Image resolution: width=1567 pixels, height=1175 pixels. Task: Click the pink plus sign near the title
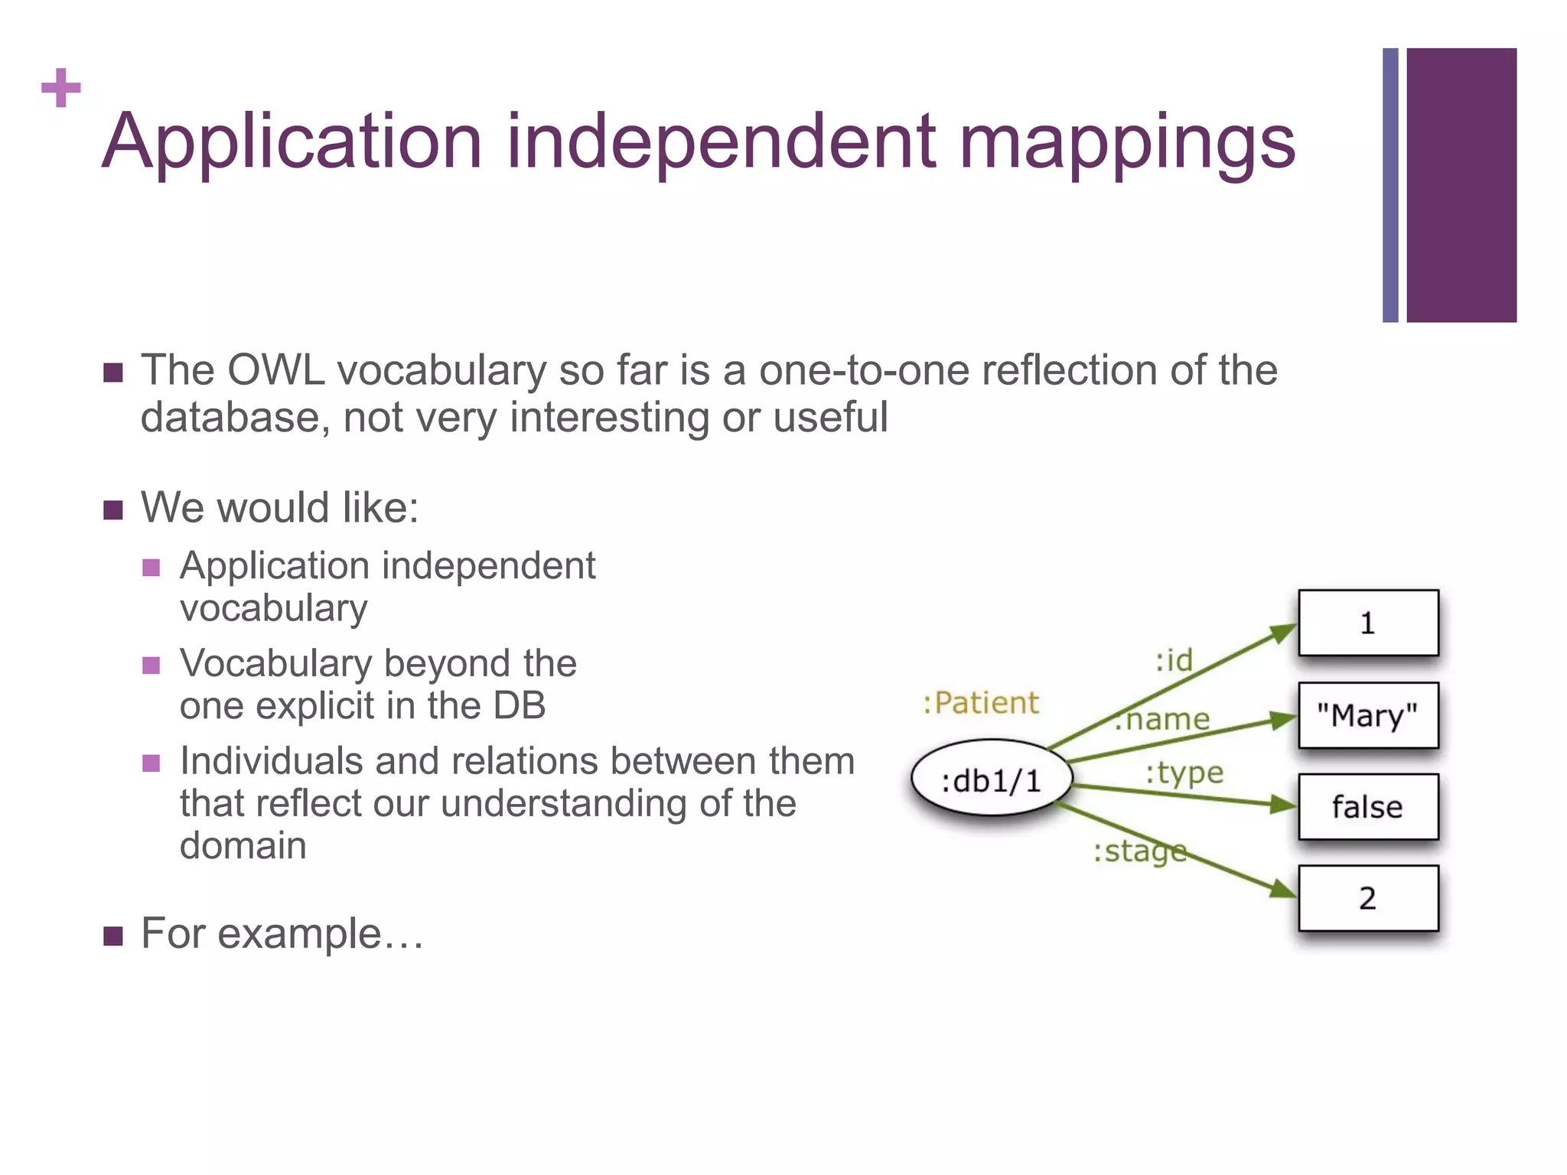(61, 88)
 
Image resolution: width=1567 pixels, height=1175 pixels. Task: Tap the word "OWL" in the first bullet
(275, 370)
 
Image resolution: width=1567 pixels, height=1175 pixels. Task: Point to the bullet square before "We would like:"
(113, 510)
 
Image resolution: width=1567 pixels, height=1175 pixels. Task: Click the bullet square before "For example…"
(113, 936)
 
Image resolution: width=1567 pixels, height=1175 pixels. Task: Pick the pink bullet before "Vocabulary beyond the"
(151, 665)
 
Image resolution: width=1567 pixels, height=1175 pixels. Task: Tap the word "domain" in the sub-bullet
(243, 846)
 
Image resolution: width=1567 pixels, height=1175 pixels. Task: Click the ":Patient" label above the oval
(981, 703)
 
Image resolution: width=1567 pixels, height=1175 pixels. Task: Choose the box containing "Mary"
(1368, 716)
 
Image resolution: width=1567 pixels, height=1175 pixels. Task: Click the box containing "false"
(1368, 807)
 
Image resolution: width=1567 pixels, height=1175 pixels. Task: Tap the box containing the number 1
(1368, 623)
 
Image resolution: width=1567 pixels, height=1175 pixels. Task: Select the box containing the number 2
(1368, 898)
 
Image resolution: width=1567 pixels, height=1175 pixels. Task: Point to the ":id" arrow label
(1174, 660)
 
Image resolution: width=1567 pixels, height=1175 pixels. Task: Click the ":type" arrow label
(1184, 773)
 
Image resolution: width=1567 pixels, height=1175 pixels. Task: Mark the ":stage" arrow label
(1139, 851)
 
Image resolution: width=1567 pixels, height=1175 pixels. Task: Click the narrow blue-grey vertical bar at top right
(1390, 185)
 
